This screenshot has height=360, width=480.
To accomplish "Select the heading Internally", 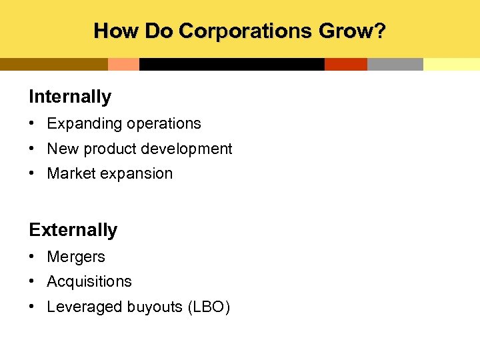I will point(70,97).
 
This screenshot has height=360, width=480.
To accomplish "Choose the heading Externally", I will point(73,230).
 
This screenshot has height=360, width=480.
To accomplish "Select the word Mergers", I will point(76,257).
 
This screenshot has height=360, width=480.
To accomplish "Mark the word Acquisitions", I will point(89,281).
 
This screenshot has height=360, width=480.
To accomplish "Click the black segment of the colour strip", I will point(231,64).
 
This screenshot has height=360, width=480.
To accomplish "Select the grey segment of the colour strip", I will point(395,64).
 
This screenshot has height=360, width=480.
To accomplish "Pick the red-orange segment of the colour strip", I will point(345,64).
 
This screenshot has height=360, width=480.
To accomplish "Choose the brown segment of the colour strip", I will point(53,64).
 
